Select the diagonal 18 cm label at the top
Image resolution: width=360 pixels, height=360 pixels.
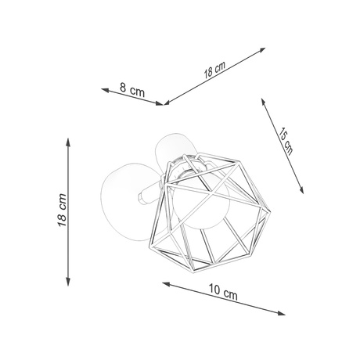pyautogui.click(x=214, y=69)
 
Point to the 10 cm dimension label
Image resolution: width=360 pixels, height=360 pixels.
pyautogui.click(x=223, y=293)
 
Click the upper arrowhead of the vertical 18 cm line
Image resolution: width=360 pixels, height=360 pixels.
pyautogui.click(x=70, y=141)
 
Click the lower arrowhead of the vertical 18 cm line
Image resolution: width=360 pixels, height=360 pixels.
pyautogui.click(x=70, y=283)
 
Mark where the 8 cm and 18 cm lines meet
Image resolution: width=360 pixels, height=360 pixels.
pyautogui.click(x=164, y=103)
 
